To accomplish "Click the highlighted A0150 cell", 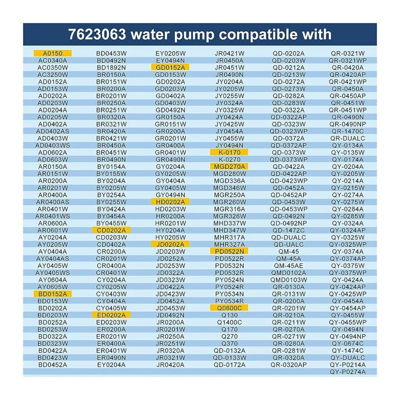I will click(52, 53).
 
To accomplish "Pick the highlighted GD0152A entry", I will click(170, 67).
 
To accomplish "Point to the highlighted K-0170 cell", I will click(229, 152).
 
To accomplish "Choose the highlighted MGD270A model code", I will click(229, 166).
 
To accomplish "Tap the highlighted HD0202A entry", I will click(170, 201).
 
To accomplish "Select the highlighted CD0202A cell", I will click(111, 230).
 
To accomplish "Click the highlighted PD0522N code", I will click(229, 251).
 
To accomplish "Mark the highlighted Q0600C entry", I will click(229, 308).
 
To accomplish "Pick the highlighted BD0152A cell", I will click(52, 293).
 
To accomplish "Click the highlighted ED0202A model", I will click(111, 315).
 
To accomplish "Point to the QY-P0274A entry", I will click(347, 371).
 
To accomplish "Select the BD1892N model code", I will click(111, 67).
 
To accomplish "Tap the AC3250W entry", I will click(52, 74).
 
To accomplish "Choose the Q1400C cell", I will click(229, 322).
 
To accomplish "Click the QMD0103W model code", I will click(288, 279).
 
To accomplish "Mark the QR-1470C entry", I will click(347, 131).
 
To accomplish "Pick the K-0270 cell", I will click(229, 159).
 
